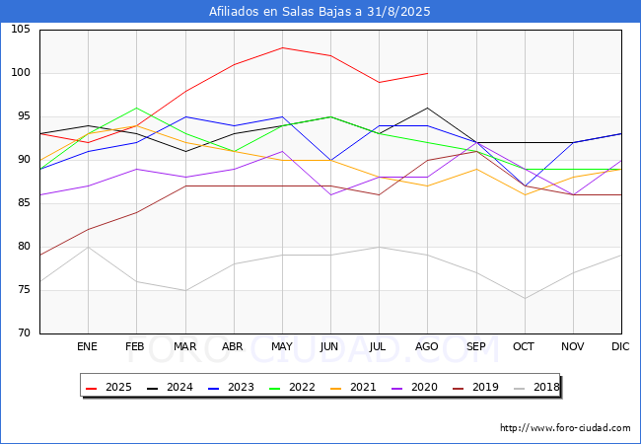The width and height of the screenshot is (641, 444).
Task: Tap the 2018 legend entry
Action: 535,387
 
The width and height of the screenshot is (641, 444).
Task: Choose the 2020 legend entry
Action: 414,387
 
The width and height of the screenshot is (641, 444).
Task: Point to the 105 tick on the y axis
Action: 22,30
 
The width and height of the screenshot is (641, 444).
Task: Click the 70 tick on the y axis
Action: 25,333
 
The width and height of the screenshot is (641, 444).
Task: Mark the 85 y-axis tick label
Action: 25,203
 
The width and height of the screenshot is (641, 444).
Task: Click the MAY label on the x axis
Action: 282,347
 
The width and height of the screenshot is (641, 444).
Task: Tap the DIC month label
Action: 620,347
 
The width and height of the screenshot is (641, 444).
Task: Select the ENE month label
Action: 88,347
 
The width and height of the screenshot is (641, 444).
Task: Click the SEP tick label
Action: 475,347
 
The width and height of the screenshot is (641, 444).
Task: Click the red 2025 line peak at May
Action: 282,47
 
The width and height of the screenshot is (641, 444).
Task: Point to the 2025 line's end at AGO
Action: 427,73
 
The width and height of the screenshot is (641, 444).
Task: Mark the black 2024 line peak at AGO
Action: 427,108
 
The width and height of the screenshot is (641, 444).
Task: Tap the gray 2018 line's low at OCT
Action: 524,299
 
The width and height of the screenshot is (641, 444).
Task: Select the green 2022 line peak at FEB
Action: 136,108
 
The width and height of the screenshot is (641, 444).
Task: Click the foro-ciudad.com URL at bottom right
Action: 565,428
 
